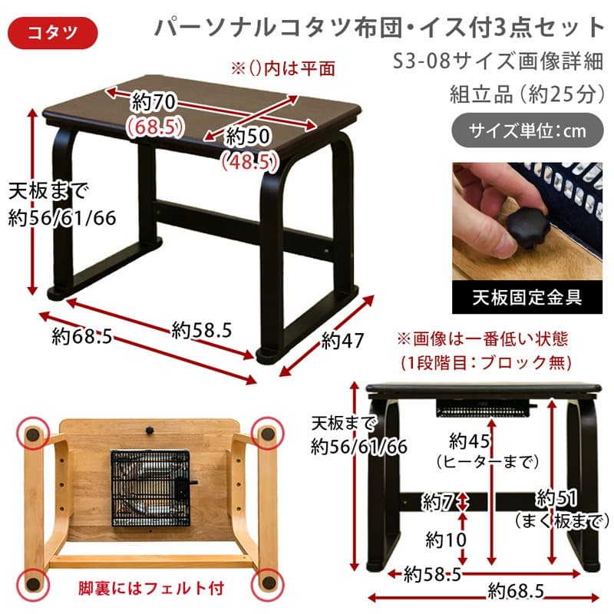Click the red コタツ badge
[51, 31]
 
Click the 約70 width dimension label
[150, 101]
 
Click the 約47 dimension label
[342, 339]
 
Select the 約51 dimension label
[556, 499]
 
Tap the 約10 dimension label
[445, 540]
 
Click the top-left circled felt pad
[32, 435]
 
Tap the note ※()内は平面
[283, 68]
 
